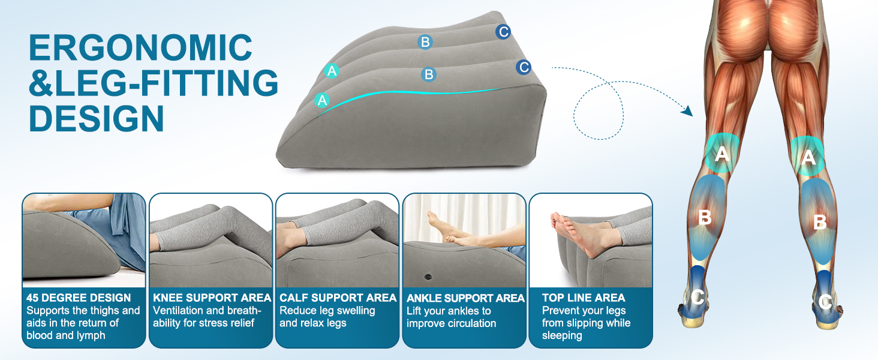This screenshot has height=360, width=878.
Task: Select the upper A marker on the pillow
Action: [x=332, y=71]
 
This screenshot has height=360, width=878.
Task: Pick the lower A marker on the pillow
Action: [x=323, y=100]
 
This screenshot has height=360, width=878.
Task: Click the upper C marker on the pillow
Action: [x=503, y=32]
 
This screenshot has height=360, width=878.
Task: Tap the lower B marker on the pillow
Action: [x=428, y=74]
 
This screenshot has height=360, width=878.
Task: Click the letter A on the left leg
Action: [x=722, y=154]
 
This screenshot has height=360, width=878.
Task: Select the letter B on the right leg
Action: [x=819, y=222]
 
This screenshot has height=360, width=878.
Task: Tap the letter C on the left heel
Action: [x=697, y=296]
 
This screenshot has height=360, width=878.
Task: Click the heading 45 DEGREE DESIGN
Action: [x=79, y=298]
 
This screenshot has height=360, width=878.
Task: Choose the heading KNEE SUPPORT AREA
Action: [x=212, y=298]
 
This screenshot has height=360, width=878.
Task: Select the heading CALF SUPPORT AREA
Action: [x=338, y=298]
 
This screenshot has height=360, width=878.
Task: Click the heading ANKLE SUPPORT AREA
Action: [x=465, y=298]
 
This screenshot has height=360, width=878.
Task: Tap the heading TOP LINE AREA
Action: [x=584, y=298]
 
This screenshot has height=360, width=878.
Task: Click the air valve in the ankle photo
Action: [x=428, y=277]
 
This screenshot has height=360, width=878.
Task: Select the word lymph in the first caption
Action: [x=90, y=336]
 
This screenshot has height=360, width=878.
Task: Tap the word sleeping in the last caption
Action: [x=562, y=336]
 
